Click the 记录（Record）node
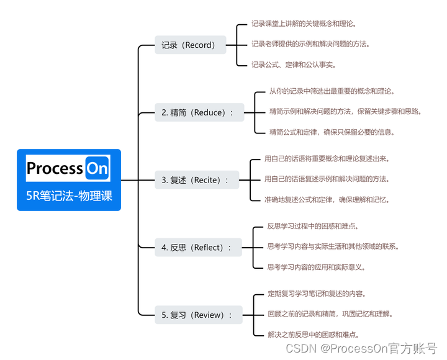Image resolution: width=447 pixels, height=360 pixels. [189, 45]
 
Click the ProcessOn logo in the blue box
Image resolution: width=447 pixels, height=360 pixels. [68, 168]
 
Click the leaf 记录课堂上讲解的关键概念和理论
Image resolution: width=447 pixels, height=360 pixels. [304, 24]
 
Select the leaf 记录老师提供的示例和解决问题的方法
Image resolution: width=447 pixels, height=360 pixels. [311, 44]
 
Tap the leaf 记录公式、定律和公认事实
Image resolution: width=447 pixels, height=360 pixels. [294, 65]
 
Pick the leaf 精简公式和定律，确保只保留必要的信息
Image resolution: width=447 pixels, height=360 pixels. [332, 132]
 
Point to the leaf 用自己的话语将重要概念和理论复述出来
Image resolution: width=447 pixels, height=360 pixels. [327, 159]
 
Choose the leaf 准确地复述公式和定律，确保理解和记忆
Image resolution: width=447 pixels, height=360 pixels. [327, 199]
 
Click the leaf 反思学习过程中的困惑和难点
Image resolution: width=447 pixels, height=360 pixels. [309, 226]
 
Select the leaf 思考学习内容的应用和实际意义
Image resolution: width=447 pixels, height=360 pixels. [316, 267]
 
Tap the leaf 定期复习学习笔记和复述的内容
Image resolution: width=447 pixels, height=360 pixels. [317, 294]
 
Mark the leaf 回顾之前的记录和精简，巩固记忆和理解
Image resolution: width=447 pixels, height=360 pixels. [330, 313]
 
